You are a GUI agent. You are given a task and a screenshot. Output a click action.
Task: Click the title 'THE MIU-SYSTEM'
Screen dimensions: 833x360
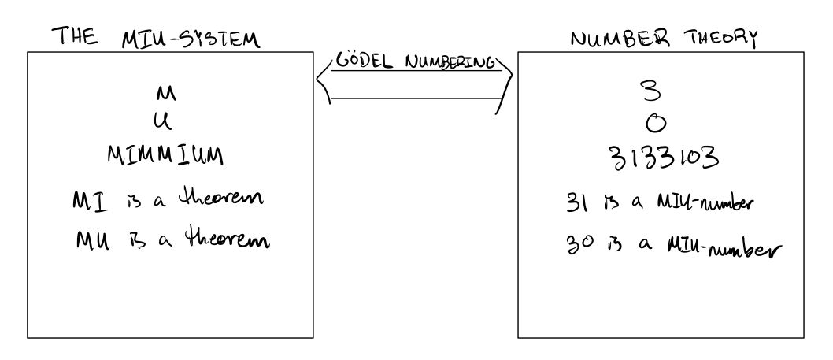(154, 38)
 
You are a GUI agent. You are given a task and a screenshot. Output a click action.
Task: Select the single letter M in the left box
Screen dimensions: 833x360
(167, 95)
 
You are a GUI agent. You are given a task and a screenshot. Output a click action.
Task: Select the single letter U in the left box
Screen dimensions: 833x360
(167, 122)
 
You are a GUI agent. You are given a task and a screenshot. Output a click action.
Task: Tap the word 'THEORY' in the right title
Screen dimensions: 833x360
(720, 38)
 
